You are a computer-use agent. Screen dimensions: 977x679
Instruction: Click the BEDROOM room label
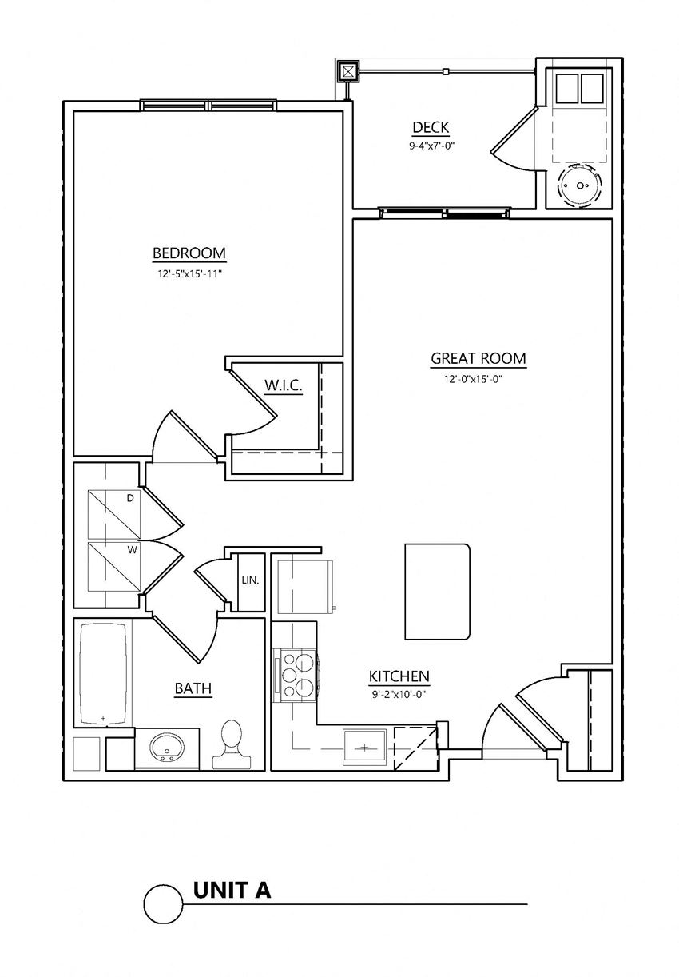(x=189, y=253)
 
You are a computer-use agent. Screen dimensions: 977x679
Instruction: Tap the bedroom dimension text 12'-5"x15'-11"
(x=189, y=273)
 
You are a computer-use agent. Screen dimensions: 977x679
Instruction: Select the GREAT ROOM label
(x=478, y=358)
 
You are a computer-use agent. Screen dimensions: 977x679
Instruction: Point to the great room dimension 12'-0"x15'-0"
(x=478, y=379)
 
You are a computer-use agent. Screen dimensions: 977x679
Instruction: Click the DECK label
(x=431, y=127)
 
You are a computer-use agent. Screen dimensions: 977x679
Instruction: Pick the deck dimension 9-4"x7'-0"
(x=431, y=146)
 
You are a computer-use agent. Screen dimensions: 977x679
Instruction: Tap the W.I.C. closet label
(x=283, y=386)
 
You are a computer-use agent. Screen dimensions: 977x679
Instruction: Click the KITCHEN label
(x=399, y=676)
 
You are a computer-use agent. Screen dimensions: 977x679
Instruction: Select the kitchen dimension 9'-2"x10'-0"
(x=399, y=695)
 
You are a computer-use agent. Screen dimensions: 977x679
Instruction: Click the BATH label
(x=193, y=688)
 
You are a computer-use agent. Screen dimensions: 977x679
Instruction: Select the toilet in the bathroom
(x=231, y=744)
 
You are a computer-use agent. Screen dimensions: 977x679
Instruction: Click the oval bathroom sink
(x=168, y=748)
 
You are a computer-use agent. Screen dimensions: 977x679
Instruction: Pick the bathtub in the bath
(x=103, y=673)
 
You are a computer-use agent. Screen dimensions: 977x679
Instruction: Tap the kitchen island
(x=437, y=592)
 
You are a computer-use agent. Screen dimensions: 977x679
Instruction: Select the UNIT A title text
(x=232, y=890)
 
